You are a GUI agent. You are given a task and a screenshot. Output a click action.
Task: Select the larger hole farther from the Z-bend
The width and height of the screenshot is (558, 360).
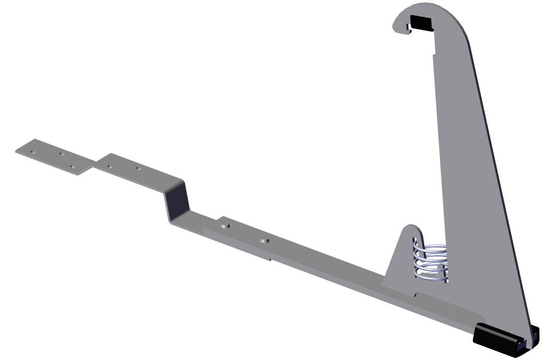click(262, 241)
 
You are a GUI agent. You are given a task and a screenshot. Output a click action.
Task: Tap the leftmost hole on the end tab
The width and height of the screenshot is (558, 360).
click(32, 150)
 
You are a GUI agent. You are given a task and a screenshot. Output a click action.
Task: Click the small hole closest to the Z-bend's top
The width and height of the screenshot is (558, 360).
click(138, 169)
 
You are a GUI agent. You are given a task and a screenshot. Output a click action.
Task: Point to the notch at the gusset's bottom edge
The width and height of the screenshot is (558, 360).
click(416, 293)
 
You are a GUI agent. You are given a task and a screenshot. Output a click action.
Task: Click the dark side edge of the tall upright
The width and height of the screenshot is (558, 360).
click(503, 201)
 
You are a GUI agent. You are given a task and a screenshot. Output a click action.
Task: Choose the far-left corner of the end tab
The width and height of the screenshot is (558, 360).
click(16, 150)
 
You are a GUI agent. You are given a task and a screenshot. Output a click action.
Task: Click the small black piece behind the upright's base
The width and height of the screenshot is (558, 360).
click(535, 334)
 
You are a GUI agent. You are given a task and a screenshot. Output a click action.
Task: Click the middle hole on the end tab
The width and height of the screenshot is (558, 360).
click(61, 154)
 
